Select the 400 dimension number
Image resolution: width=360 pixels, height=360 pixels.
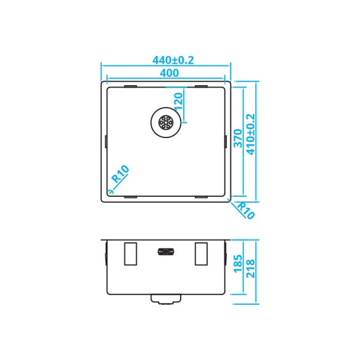click(x=170, y=73)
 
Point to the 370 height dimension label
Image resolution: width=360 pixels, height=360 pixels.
click(x=238, y=140)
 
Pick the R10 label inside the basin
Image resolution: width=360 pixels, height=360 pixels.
click(x=121, y=175)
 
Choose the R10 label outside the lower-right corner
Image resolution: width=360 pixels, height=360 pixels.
click(x=246, y=211)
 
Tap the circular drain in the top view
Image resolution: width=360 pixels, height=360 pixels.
click(x=166, y=122)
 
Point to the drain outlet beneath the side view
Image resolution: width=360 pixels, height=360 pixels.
click(x=166, y=299)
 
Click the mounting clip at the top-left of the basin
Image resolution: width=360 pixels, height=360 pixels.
click(x=130, y=86)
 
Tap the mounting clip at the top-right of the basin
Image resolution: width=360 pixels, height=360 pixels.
click(x=202, y=86)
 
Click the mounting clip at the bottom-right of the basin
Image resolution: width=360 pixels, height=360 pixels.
click(x=202, y=197)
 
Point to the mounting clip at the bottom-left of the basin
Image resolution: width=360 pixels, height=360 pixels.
click(x=130, y=197)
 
